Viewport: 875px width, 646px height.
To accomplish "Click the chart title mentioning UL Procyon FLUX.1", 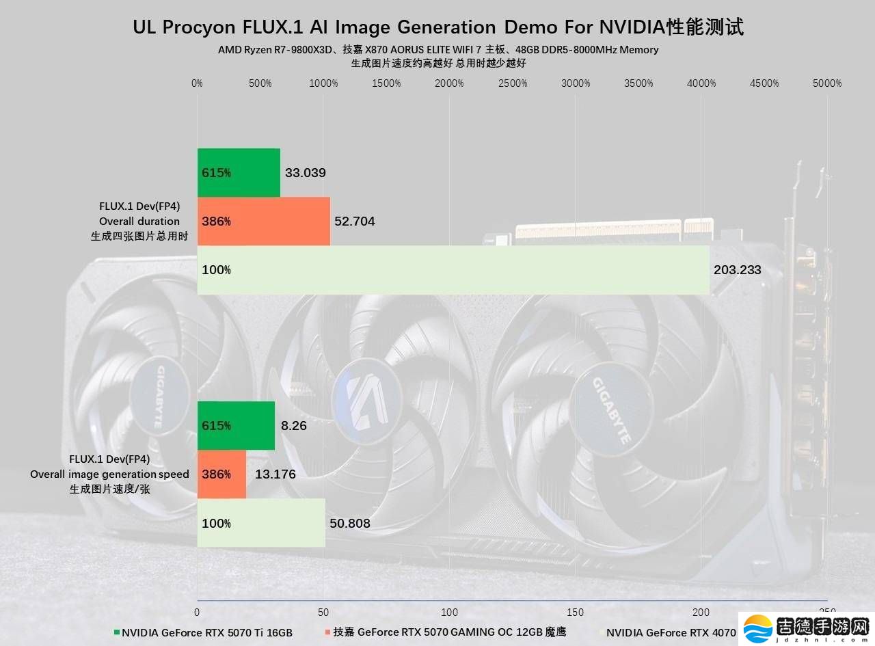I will click(437, 27).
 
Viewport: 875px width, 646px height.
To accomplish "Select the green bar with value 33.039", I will click(239, 172).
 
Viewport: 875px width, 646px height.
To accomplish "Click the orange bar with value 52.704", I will click(263, 221).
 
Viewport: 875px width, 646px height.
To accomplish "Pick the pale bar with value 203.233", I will click(453, 269).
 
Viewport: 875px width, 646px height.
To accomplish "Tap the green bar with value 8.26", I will click(236, 425).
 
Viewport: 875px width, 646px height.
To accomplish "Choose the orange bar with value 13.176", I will click(221, 474).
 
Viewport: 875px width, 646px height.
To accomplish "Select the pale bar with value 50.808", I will click(261, 523).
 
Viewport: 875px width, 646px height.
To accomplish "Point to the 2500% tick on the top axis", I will click(513, 83).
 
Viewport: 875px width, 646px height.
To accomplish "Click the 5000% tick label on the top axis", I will click(827, 83).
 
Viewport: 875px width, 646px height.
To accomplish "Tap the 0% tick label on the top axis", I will click(197, 83).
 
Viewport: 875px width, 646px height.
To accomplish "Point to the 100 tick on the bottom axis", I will click(450, 613).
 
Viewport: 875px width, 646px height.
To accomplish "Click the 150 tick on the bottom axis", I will click(576, 613).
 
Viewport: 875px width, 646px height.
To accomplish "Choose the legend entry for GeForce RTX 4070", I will click(670, 632).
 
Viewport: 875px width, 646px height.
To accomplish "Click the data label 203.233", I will click(737, 270).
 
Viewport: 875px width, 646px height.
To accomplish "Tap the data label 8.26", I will click(293, 426).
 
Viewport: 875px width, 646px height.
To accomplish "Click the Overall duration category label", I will click(139, 221).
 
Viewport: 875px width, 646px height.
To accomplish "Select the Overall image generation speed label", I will click(109, 474).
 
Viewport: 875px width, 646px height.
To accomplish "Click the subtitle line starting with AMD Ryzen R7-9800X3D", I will click(437, 50).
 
